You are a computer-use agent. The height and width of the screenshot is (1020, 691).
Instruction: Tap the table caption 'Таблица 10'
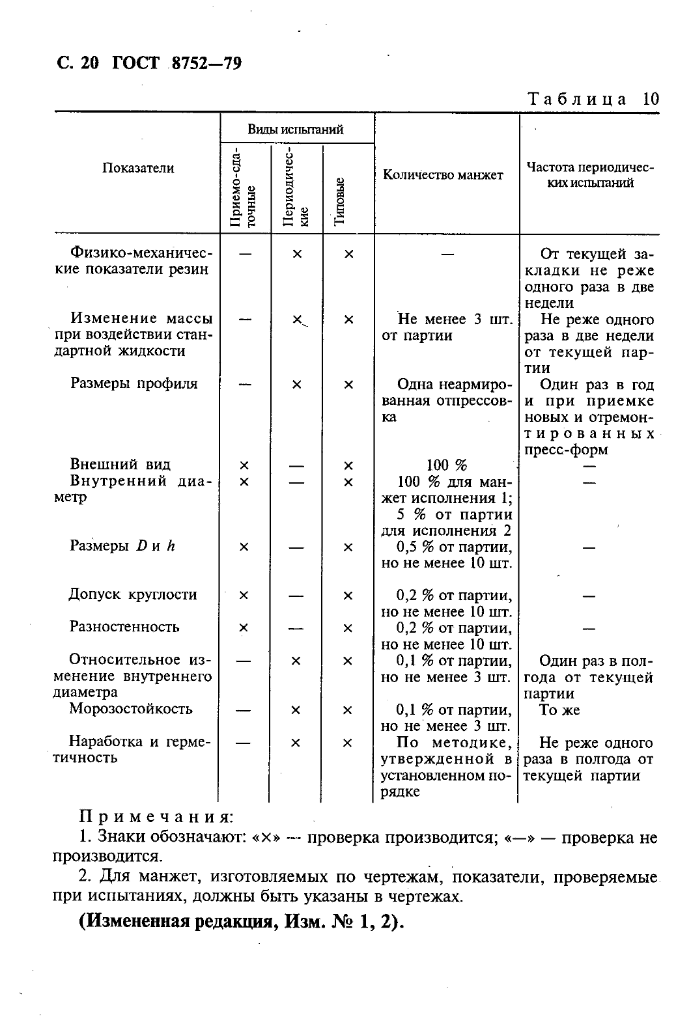coord(593,99)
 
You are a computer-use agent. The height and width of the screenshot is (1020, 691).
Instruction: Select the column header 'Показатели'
coord(138,168)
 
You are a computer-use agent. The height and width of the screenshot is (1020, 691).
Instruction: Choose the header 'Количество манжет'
coord(443,174)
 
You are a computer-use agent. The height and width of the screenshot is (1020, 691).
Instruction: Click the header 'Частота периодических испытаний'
coord(589,174)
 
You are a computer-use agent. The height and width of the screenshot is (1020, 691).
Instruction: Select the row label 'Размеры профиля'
coord(134,383)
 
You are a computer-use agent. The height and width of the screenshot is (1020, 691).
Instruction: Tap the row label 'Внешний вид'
coord(120,464)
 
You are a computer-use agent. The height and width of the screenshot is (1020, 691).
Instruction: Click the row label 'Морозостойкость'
coord(131,709)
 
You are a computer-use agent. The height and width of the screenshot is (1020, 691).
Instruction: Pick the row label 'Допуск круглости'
coord(133,594)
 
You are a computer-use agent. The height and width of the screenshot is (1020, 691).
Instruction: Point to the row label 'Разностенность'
coord(124,627)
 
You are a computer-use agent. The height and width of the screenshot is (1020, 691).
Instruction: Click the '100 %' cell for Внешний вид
coord(447,465)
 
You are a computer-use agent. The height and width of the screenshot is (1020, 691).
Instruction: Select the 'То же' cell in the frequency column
coord(559,710)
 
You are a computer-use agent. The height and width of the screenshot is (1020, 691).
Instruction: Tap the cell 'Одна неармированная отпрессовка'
coord(447,400)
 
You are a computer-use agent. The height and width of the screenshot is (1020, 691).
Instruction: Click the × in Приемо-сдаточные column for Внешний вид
coord(244,465)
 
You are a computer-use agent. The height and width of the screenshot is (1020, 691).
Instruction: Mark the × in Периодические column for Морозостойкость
coord(296,710)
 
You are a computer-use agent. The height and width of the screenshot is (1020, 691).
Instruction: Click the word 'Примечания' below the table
coord(156,817)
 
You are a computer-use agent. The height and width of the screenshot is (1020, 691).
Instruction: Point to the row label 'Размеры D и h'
coord(122,546)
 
